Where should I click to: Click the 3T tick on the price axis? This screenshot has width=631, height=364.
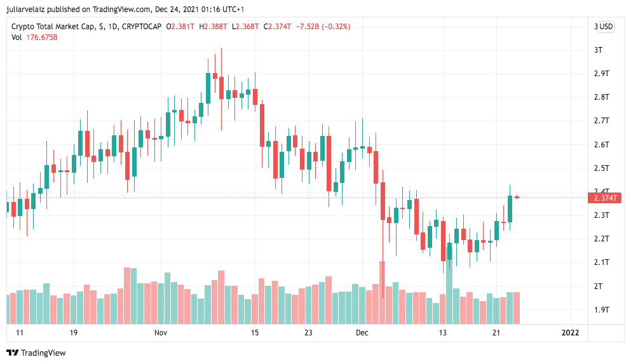coord(598,50)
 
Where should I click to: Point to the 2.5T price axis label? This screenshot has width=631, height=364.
coord(601,168)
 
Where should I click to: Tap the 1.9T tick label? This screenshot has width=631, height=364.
coord(601,310)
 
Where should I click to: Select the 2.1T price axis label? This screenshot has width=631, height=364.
coord(601,262)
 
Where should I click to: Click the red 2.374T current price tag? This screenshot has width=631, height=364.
coord(605,198)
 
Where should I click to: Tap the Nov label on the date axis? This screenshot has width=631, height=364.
coord(160,333)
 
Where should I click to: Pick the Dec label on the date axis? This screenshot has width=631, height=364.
coord(362,333)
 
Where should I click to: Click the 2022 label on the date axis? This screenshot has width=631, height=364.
coord(570,333)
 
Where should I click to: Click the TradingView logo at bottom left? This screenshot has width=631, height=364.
coord(36,353)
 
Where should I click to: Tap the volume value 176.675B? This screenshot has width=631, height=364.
coord(42,37)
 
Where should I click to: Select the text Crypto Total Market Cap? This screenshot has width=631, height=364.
coord(53,27)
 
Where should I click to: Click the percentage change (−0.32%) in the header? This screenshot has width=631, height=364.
coord(336,27)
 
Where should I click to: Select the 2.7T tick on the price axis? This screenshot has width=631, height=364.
coord(601,121)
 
